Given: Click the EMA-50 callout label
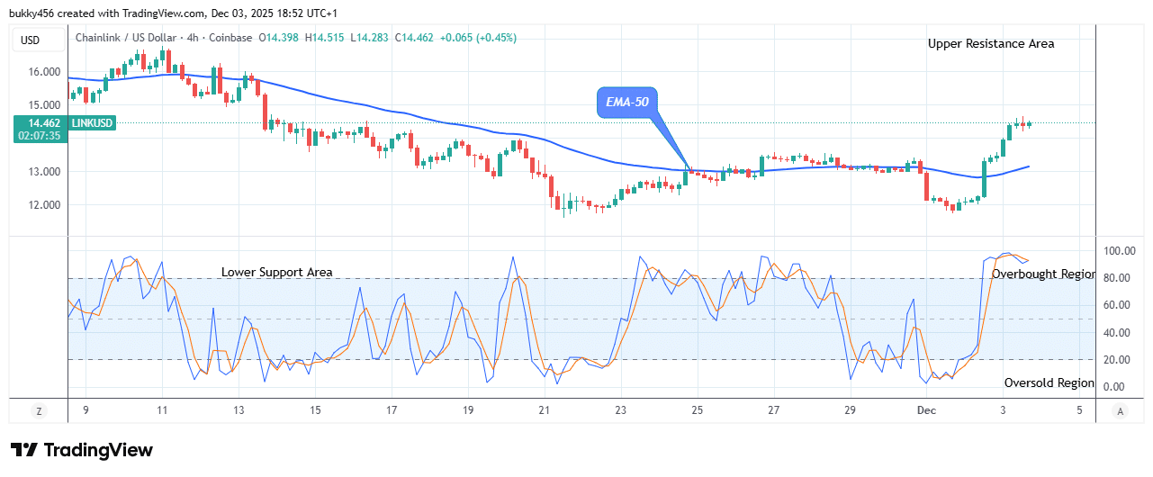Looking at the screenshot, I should [x=627, y=103].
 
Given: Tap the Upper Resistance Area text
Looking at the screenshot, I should [x=991, y=43].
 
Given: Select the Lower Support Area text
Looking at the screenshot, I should [x=276, y=272].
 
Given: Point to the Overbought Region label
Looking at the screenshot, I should [x=1043, y=274].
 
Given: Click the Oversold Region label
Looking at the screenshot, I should [x=1049, y=382].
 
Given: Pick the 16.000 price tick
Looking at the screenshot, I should [x=43, y=72].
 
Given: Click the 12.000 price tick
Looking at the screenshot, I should [x=43, y=204].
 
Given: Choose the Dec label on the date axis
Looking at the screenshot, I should [x=927, y=410].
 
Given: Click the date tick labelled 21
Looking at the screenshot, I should [x=544, y=410].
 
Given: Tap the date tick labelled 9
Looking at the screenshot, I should [x=86, y=410].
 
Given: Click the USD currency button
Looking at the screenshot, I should [x=31, y=40].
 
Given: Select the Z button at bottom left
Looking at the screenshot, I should [x=39, y=410].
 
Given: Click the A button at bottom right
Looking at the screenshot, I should [x=1120, y=410].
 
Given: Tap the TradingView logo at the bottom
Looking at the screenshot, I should [x=81, y=450].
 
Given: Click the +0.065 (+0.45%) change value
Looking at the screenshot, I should [x=484, y=38].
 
